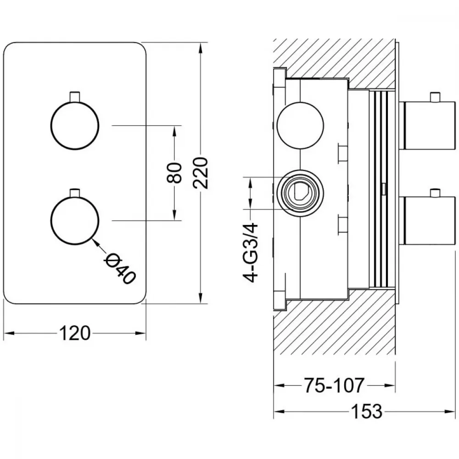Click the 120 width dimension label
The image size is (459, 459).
pos(75,333)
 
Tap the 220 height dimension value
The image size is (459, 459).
pos(201,173)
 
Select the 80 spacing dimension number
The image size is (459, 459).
pos(174,173)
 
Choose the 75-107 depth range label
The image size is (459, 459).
pos(334,385)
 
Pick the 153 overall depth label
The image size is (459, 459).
pos(366,411)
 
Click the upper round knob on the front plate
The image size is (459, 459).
pos(75,125)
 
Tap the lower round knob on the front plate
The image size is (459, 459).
pos(75,220)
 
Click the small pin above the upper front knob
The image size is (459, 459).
pos(75,97)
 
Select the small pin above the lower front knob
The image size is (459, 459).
pos(75,192)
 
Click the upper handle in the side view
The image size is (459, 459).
pos(429,125)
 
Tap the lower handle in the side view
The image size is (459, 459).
pos(429,220)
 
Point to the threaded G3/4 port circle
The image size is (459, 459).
pos(300,193)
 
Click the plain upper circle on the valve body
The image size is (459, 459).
pos(300,125)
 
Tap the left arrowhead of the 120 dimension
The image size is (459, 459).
pos(8,333)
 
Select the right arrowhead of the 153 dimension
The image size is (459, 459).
pos(450,411)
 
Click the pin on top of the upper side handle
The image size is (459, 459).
pos(435,97)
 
